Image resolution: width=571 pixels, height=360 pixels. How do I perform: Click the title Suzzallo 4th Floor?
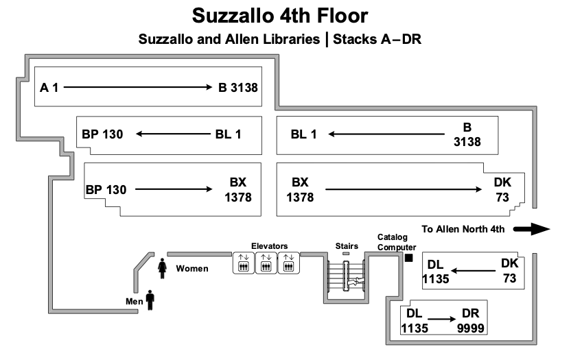coord(279,15)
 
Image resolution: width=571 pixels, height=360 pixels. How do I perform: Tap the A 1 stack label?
coord(49,87)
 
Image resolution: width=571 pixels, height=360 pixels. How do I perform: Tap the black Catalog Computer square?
coord(408,258)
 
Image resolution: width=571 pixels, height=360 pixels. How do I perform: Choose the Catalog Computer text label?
coord(397,242)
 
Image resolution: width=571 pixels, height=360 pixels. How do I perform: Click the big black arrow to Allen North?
coord(532,229)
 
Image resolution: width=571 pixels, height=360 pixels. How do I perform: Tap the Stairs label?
coord(346,245)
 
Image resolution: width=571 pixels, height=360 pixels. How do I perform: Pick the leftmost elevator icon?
coord(243,263)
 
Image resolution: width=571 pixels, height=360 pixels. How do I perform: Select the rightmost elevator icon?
coord(288,263)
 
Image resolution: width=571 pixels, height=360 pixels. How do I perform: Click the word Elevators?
coord(269,245)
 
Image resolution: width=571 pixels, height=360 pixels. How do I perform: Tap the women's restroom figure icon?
coord(163,268)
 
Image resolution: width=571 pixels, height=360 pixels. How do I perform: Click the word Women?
coord(192,268)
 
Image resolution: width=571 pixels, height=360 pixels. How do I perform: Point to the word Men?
coord(133,300)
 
